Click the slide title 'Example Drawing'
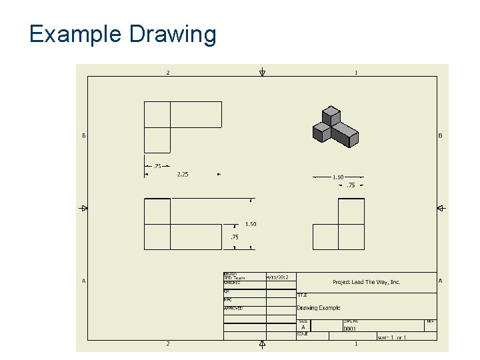click(123, 34)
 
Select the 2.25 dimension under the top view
click(182, 175)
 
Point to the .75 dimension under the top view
click(157, 166)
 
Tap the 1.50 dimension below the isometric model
click(338, 177)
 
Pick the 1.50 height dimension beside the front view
click(251, 224)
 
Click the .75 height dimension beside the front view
click(234, 237)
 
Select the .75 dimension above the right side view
click(351, 185)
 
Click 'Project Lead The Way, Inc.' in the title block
click(366, 282)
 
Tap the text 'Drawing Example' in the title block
click(318, 308)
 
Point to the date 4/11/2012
click(277, 277)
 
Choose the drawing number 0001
click(349, 328)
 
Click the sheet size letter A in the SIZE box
click(303, 327)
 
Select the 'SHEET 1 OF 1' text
click(391, 337)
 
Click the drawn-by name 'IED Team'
click(234, 278)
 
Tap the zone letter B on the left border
click(84, 136)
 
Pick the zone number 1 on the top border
click(356, 72)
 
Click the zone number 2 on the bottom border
click(168, 344)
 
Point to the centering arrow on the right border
click(440, 208)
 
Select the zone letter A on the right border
click(440, 281)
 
